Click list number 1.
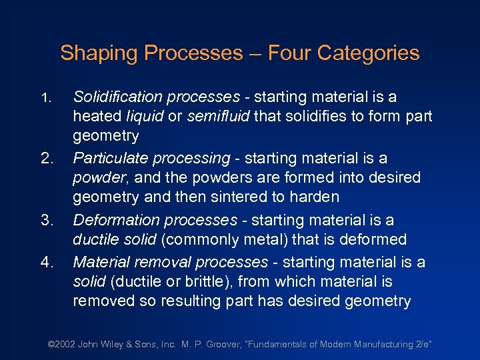pos(45,98)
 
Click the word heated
pos(97,117)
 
